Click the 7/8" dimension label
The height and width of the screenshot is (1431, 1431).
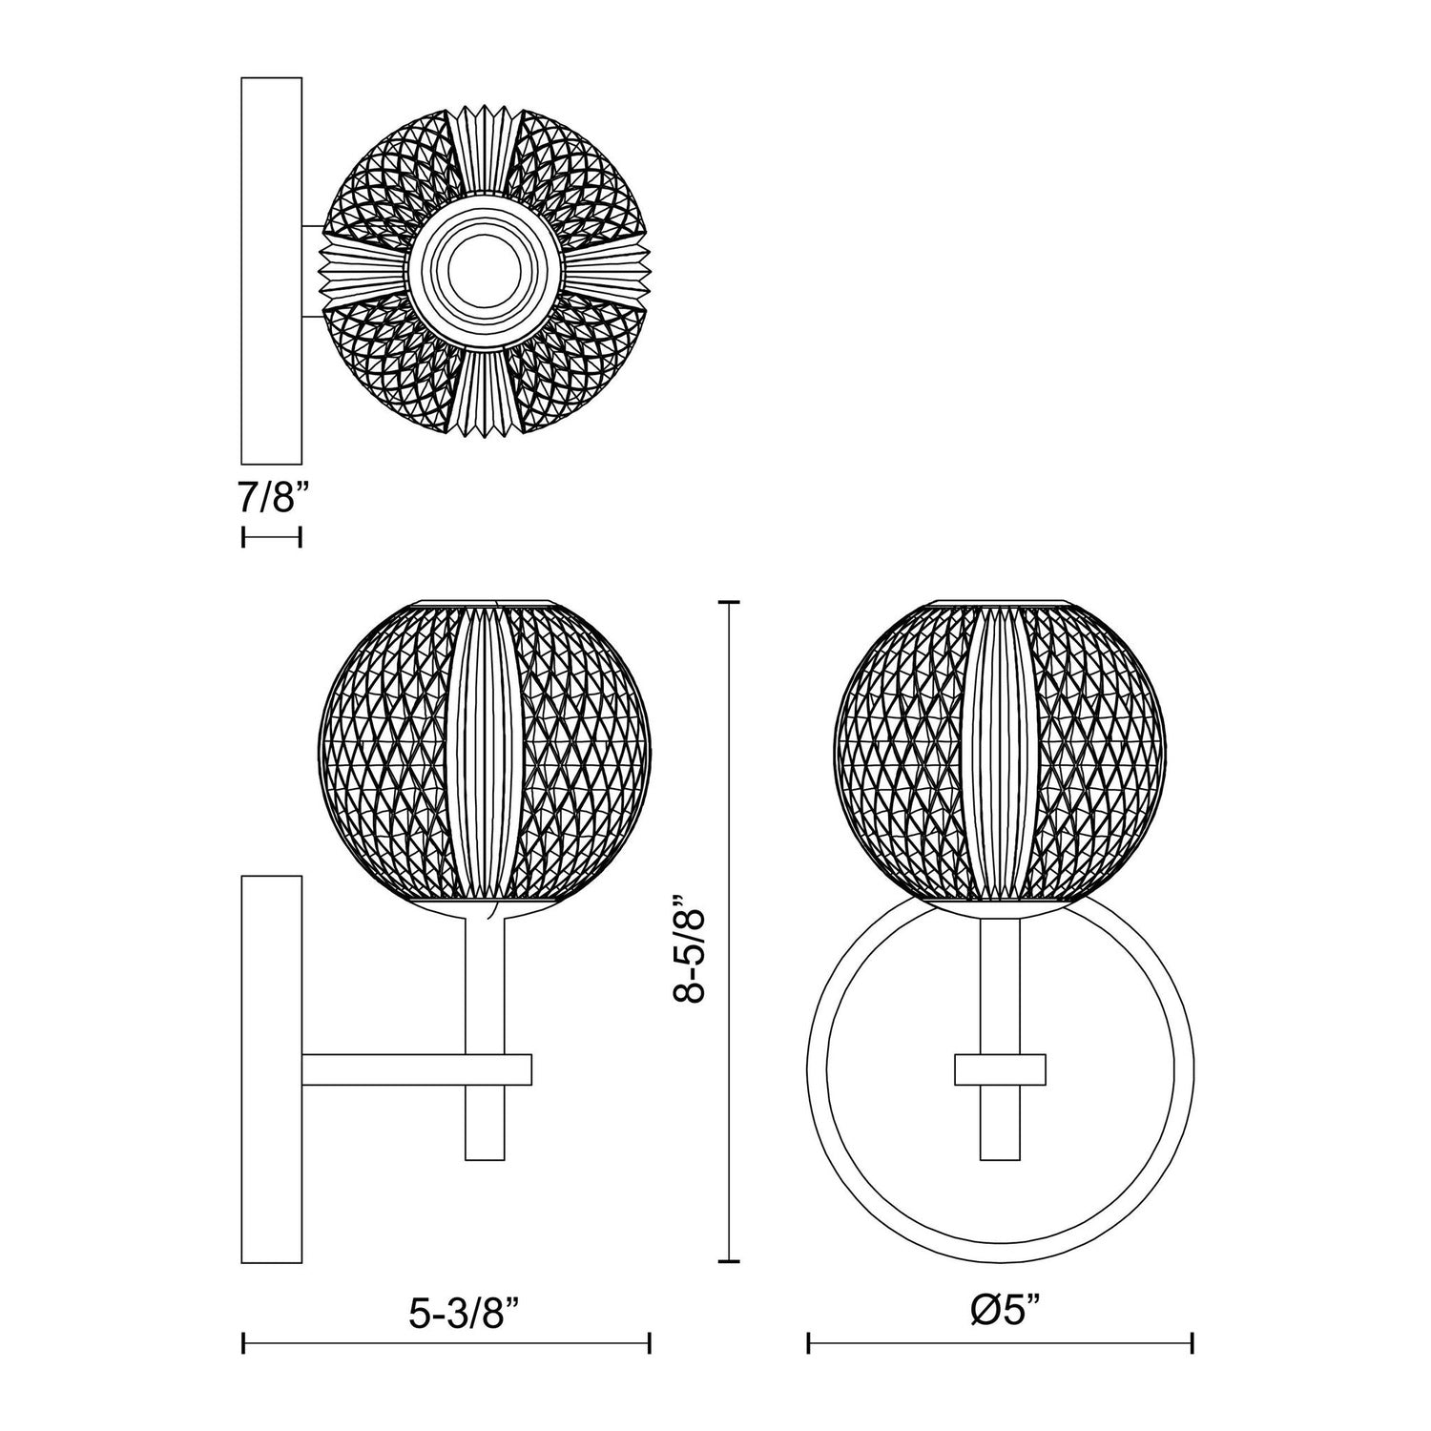[272, 498]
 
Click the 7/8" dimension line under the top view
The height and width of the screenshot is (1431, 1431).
[272, 538]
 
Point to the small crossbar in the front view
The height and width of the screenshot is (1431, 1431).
[1000, 1070]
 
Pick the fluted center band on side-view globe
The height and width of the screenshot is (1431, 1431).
[484, 754]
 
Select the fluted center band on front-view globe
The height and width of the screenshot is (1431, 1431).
[1001, 754]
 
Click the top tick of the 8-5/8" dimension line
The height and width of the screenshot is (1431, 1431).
[730, 603]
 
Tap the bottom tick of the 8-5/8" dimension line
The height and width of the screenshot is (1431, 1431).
[730, 1261]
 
